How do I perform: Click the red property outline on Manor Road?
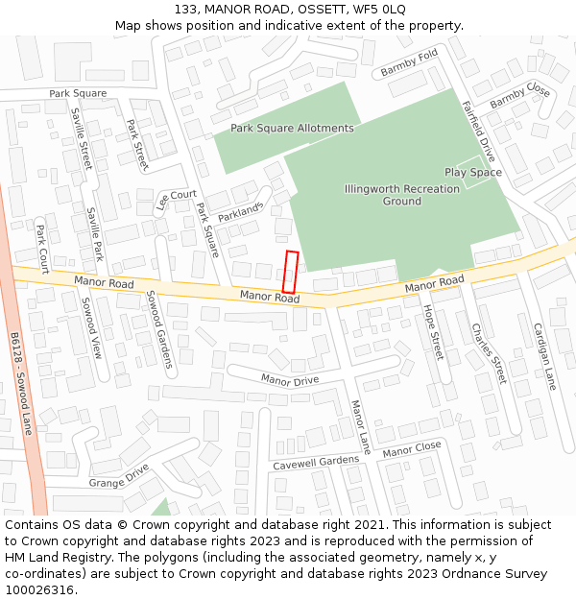click(x=290, y=272)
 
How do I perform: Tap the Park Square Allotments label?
click(x=292, y=128)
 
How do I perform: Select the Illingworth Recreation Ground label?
click(x=401, y=195)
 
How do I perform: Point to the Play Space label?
click(x=472, y=173)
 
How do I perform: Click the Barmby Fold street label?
click(x=409, y=64)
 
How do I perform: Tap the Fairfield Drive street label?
click(x=478, y=132)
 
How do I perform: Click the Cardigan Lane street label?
click(x=544, y=355)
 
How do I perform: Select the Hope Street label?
click(x=434, y=333)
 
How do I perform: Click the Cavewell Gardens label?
click(x=315, y=463)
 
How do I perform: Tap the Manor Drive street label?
click(x=290, y=380)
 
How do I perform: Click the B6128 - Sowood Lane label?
click(x=20, y=384)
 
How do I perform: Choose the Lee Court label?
click(x=176, y=200)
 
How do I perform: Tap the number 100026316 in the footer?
click(x=41, y=590)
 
